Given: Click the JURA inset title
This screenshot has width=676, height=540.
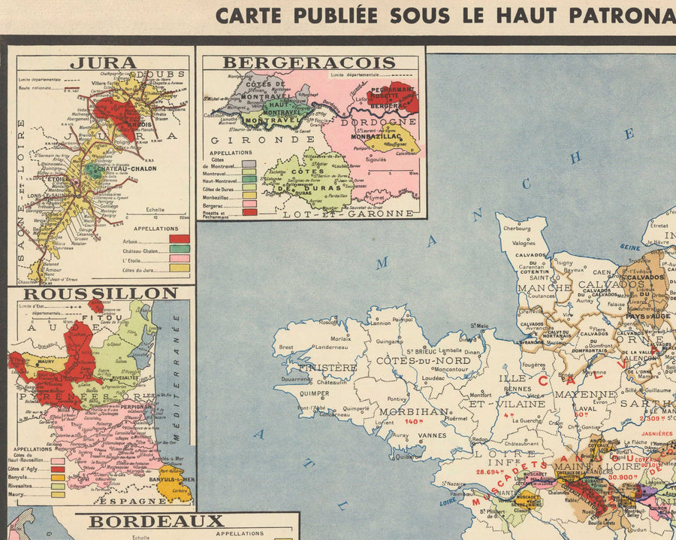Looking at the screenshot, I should tap(103, 63).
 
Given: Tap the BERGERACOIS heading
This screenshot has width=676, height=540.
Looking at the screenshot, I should tap(309, 63).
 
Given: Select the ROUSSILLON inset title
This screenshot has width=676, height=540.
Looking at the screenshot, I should tap(100, 293).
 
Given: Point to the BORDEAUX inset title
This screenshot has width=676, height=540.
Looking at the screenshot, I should tap(156, 521).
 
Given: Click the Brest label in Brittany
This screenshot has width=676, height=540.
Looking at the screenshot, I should tap(285, 347).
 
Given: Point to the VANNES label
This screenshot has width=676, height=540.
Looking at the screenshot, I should tap(431, 435).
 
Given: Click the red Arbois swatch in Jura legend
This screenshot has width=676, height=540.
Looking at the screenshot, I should tap(180, 238).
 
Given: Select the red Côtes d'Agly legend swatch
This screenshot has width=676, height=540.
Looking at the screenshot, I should tap(58, 469).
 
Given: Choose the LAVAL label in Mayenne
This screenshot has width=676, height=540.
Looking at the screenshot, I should tap(564, 411).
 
